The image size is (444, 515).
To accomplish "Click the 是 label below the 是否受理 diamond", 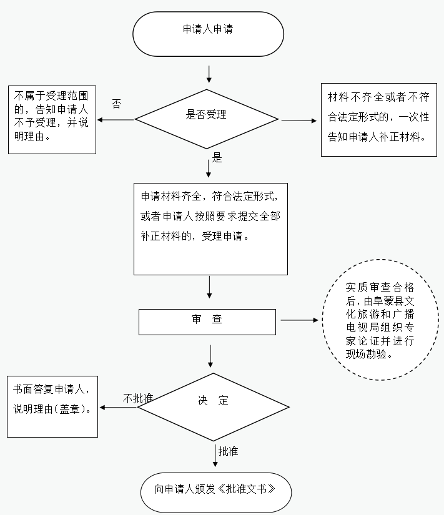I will tap(217, 158).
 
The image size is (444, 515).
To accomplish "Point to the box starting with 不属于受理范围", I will tap(52, 119).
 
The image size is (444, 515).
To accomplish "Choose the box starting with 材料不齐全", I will tap(377, 119).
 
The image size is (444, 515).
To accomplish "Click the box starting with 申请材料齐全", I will tap(210, 228).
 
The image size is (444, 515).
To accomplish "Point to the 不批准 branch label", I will tap(138, 398).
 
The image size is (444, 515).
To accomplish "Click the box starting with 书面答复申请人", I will tap(52, 406).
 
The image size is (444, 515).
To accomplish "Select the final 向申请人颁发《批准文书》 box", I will tap(215, 489).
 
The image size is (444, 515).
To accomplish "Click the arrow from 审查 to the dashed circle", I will tap(299, 321).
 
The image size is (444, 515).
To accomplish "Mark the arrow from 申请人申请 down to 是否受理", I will tap(209, 73).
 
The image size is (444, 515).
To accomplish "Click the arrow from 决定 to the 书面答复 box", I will tap(119, 408).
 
